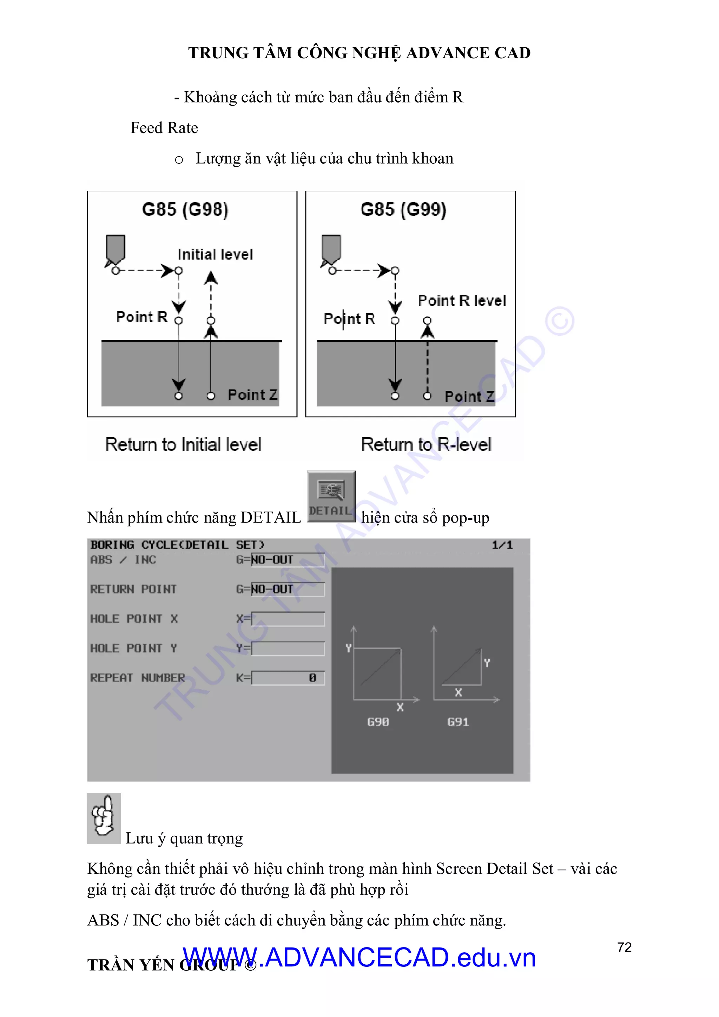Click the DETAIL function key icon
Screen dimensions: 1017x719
331,496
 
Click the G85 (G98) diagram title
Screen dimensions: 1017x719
185,210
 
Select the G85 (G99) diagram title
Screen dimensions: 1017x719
403,210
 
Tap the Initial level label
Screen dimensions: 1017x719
215,255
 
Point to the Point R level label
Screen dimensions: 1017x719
462,301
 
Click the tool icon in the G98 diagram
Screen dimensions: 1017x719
115,249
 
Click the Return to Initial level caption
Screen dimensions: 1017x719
183,445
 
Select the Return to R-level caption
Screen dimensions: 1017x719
426,445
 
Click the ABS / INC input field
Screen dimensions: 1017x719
287,560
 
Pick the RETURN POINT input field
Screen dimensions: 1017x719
287,589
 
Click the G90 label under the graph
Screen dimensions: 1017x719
378,722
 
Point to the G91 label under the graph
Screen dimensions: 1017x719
458,722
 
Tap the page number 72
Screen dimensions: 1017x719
624,947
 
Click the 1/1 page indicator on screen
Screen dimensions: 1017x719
502,545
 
